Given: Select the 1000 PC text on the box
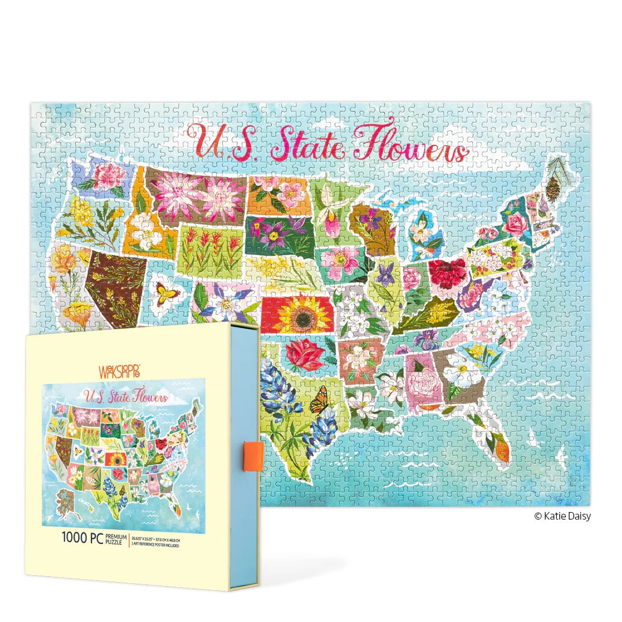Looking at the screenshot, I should coord(83,536).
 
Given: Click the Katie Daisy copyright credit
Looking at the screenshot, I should coord(562,516).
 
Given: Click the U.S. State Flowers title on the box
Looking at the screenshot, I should coord(126,397).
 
